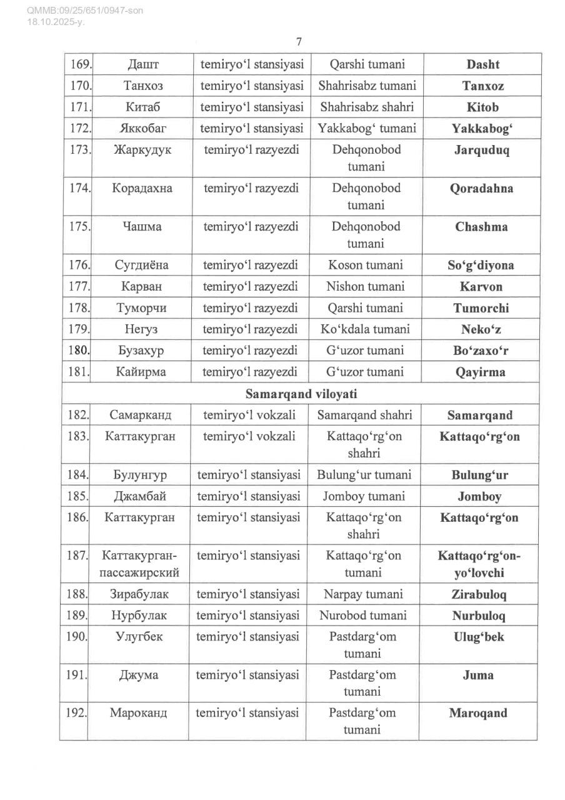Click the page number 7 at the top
tap(299, 42)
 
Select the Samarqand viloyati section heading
tap(301, 394)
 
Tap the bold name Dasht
tap(482, 64)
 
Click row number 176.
tap(79, 265)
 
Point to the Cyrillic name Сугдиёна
tap(141, 265)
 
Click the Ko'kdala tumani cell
tap(366, 329)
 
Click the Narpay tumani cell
tap(363, 594)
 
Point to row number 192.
tap(76, 712)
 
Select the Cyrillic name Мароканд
tap(139, 713)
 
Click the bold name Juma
tap(479, 675)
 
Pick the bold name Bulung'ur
tap(479, 475)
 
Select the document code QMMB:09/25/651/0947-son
tap(85, 11)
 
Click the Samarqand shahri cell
tap(365, 415)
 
